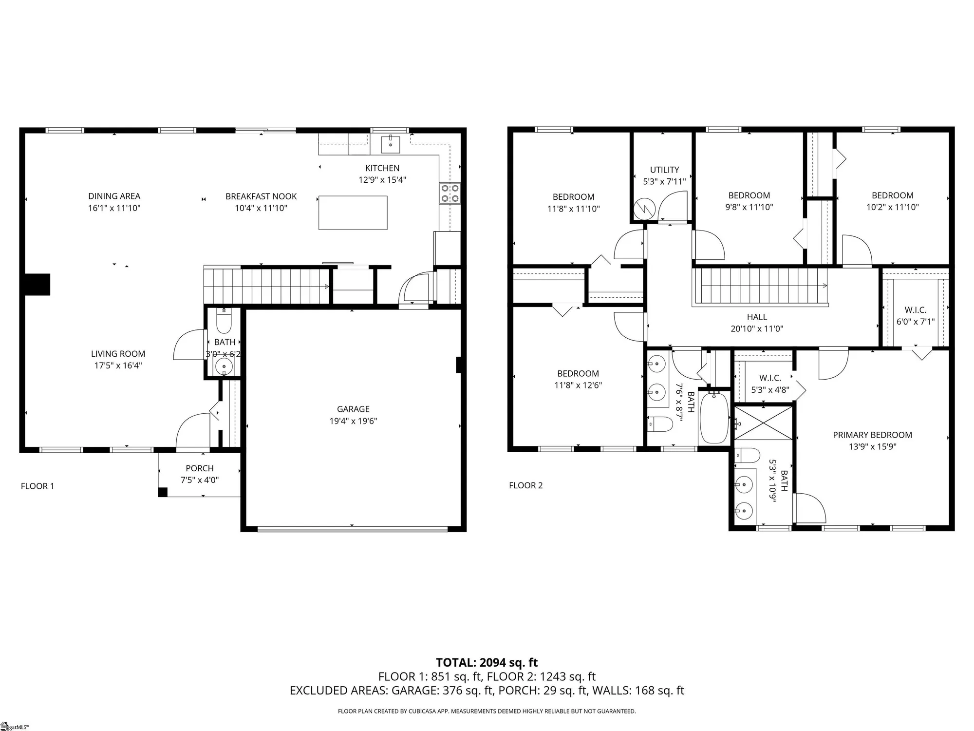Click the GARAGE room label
coord(353,409)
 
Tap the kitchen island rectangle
coord(353,212)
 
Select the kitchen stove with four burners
coord(450,193)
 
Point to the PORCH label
coord(200,468)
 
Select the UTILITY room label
coord(664,170)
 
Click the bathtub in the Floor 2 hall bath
coord(714,417)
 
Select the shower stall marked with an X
coord(764,423)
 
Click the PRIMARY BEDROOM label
coord(872,435)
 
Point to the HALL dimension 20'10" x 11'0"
coord(757,329)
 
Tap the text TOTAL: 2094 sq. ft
coord(487,663)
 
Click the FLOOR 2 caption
coord(525,485)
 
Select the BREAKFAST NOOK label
coord(261,196)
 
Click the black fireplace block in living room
coord(37,285)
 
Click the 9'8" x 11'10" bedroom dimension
coord(749,207)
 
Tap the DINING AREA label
coord(114,196)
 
